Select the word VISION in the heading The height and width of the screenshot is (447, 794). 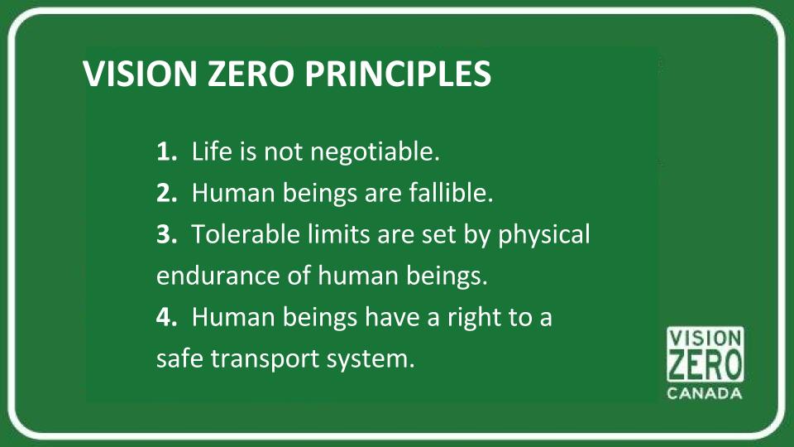click(134, 74)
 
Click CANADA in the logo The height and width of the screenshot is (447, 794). click(705, 393)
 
